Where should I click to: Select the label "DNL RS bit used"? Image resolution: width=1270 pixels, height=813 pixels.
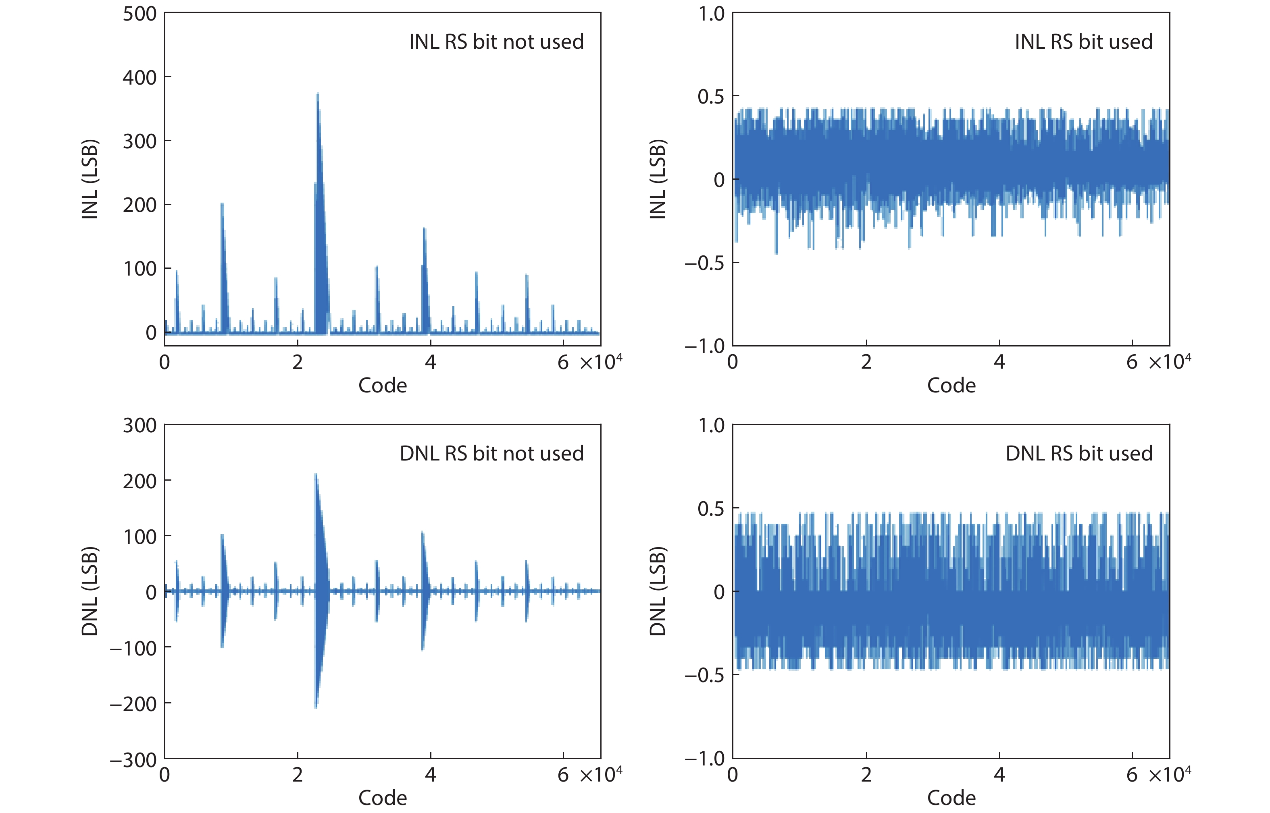pyautogui.click(x=1079, y=454)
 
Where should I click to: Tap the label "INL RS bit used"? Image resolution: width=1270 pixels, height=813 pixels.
pyautogui.click(x=1083, y=42)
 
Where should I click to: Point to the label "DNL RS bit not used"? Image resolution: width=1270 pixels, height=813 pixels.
pyautogui.click(x=491, y=454)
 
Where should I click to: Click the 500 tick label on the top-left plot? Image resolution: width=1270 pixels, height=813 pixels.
pyautogui.click(x=139, y=14)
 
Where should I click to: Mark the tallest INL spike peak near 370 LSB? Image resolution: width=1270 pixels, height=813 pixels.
pyautogui.click(x=318, y=94)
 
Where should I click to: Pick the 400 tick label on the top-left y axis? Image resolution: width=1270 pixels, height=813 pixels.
pyautogui.click(x=139, y=78)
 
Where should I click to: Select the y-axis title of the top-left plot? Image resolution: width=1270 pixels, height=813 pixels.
pyautogui.click(x=90, y=180)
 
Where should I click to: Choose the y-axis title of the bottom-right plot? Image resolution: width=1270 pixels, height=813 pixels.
pyautogui.click(x=658, y=591)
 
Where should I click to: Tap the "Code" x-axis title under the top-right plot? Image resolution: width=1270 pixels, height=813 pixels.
pyautogui.click(x=951, y=386)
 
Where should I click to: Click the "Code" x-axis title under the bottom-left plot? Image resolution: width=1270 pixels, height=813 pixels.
pyautogui.click(x=383, y=798)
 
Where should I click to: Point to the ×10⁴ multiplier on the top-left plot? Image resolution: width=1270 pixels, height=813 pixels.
pyautogui.click(x=601, y=362)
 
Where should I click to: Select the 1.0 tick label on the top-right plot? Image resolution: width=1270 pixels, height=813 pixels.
pyautogui.click(x=711, y=14)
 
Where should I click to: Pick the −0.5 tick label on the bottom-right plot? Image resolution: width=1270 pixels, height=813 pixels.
pyautogui.click(x=705, y=675)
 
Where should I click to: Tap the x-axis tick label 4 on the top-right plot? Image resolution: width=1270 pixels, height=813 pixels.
pyautogui.click(x=999, y=362)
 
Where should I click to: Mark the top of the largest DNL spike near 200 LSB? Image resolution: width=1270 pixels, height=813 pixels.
pyautogui.click(x=316, y=475)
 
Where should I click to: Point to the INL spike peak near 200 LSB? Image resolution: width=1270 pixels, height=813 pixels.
pyautogui.click(x=223, y=204)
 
